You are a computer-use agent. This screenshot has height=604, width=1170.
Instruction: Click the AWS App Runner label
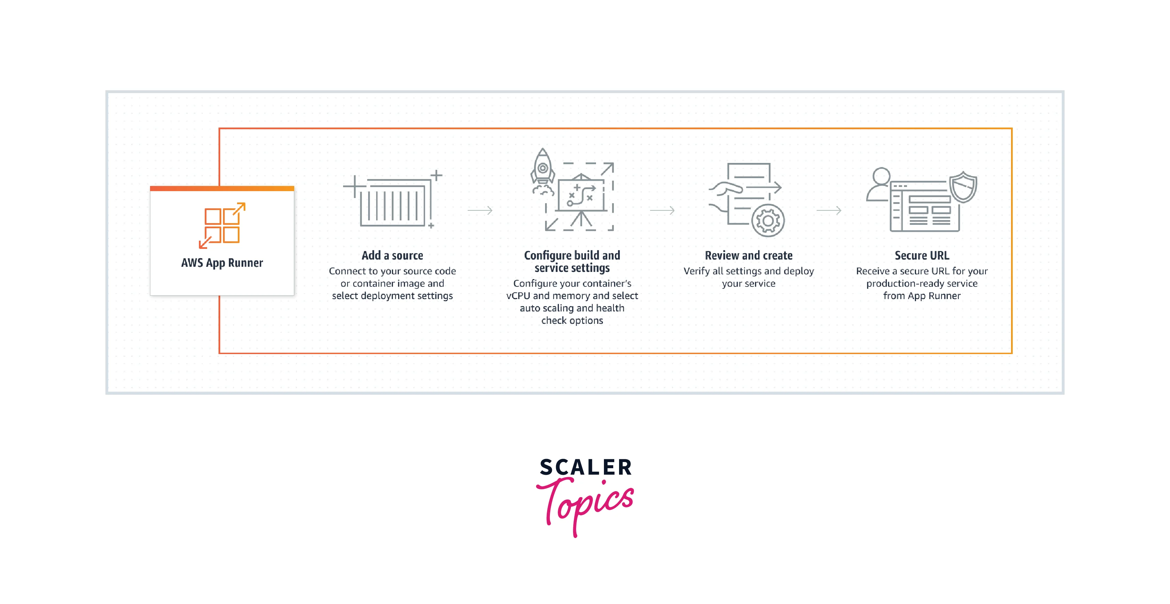point(222,263)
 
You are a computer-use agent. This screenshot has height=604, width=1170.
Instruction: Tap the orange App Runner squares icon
point(222,226)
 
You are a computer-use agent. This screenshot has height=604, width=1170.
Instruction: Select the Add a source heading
point(392,255)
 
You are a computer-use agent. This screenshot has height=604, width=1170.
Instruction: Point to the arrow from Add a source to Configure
point(480,210)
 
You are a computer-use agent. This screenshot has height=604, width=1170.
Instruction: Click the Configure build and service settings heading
point(572,261)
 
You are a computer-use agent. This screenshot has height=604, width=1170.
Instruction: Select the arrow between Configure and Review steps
point(662,210)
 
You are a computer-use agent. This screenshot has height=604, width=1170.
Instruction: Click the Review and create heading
point(748,255)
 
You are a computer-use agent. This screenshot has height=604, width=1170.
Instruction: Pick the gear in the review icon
point(768,221)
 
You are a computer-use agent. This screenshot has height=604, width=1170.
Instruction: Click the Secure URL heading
point(922,255)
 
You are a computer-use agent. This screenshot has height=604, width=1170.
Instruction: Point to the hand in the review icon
point(725,188)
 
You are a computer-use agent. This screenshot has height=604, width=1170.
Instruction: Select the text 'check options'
point(572,321)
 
